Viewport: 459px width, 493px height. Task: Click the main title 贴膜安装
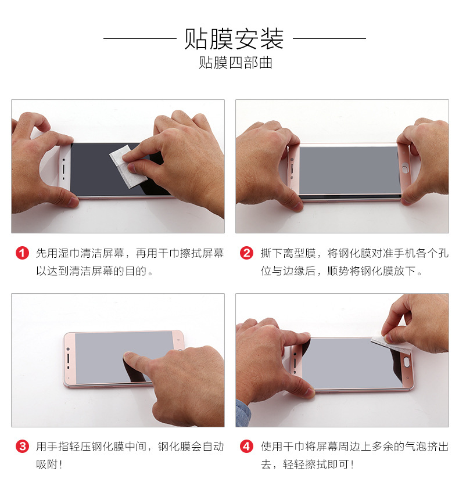pos(234,39)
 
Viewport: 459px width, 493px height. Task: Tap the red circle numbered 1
pos(22,254)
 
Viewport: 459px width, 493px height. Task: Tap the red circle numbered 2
pos(247,254)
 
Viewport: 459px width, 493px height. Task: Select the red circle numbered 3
pos(22,447)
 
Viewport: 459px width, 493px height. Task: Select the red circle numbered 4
pos(247,447)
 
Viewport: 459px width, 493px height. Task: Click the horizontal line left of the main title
pos(139,39)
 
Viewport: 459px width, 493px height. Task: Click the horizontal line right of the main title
pos(329,39)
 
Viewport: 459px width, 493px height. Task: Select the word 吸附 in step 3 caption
pos(46,465)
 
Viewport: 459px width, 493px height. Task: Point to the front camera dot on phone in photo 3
pos(68,350)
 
